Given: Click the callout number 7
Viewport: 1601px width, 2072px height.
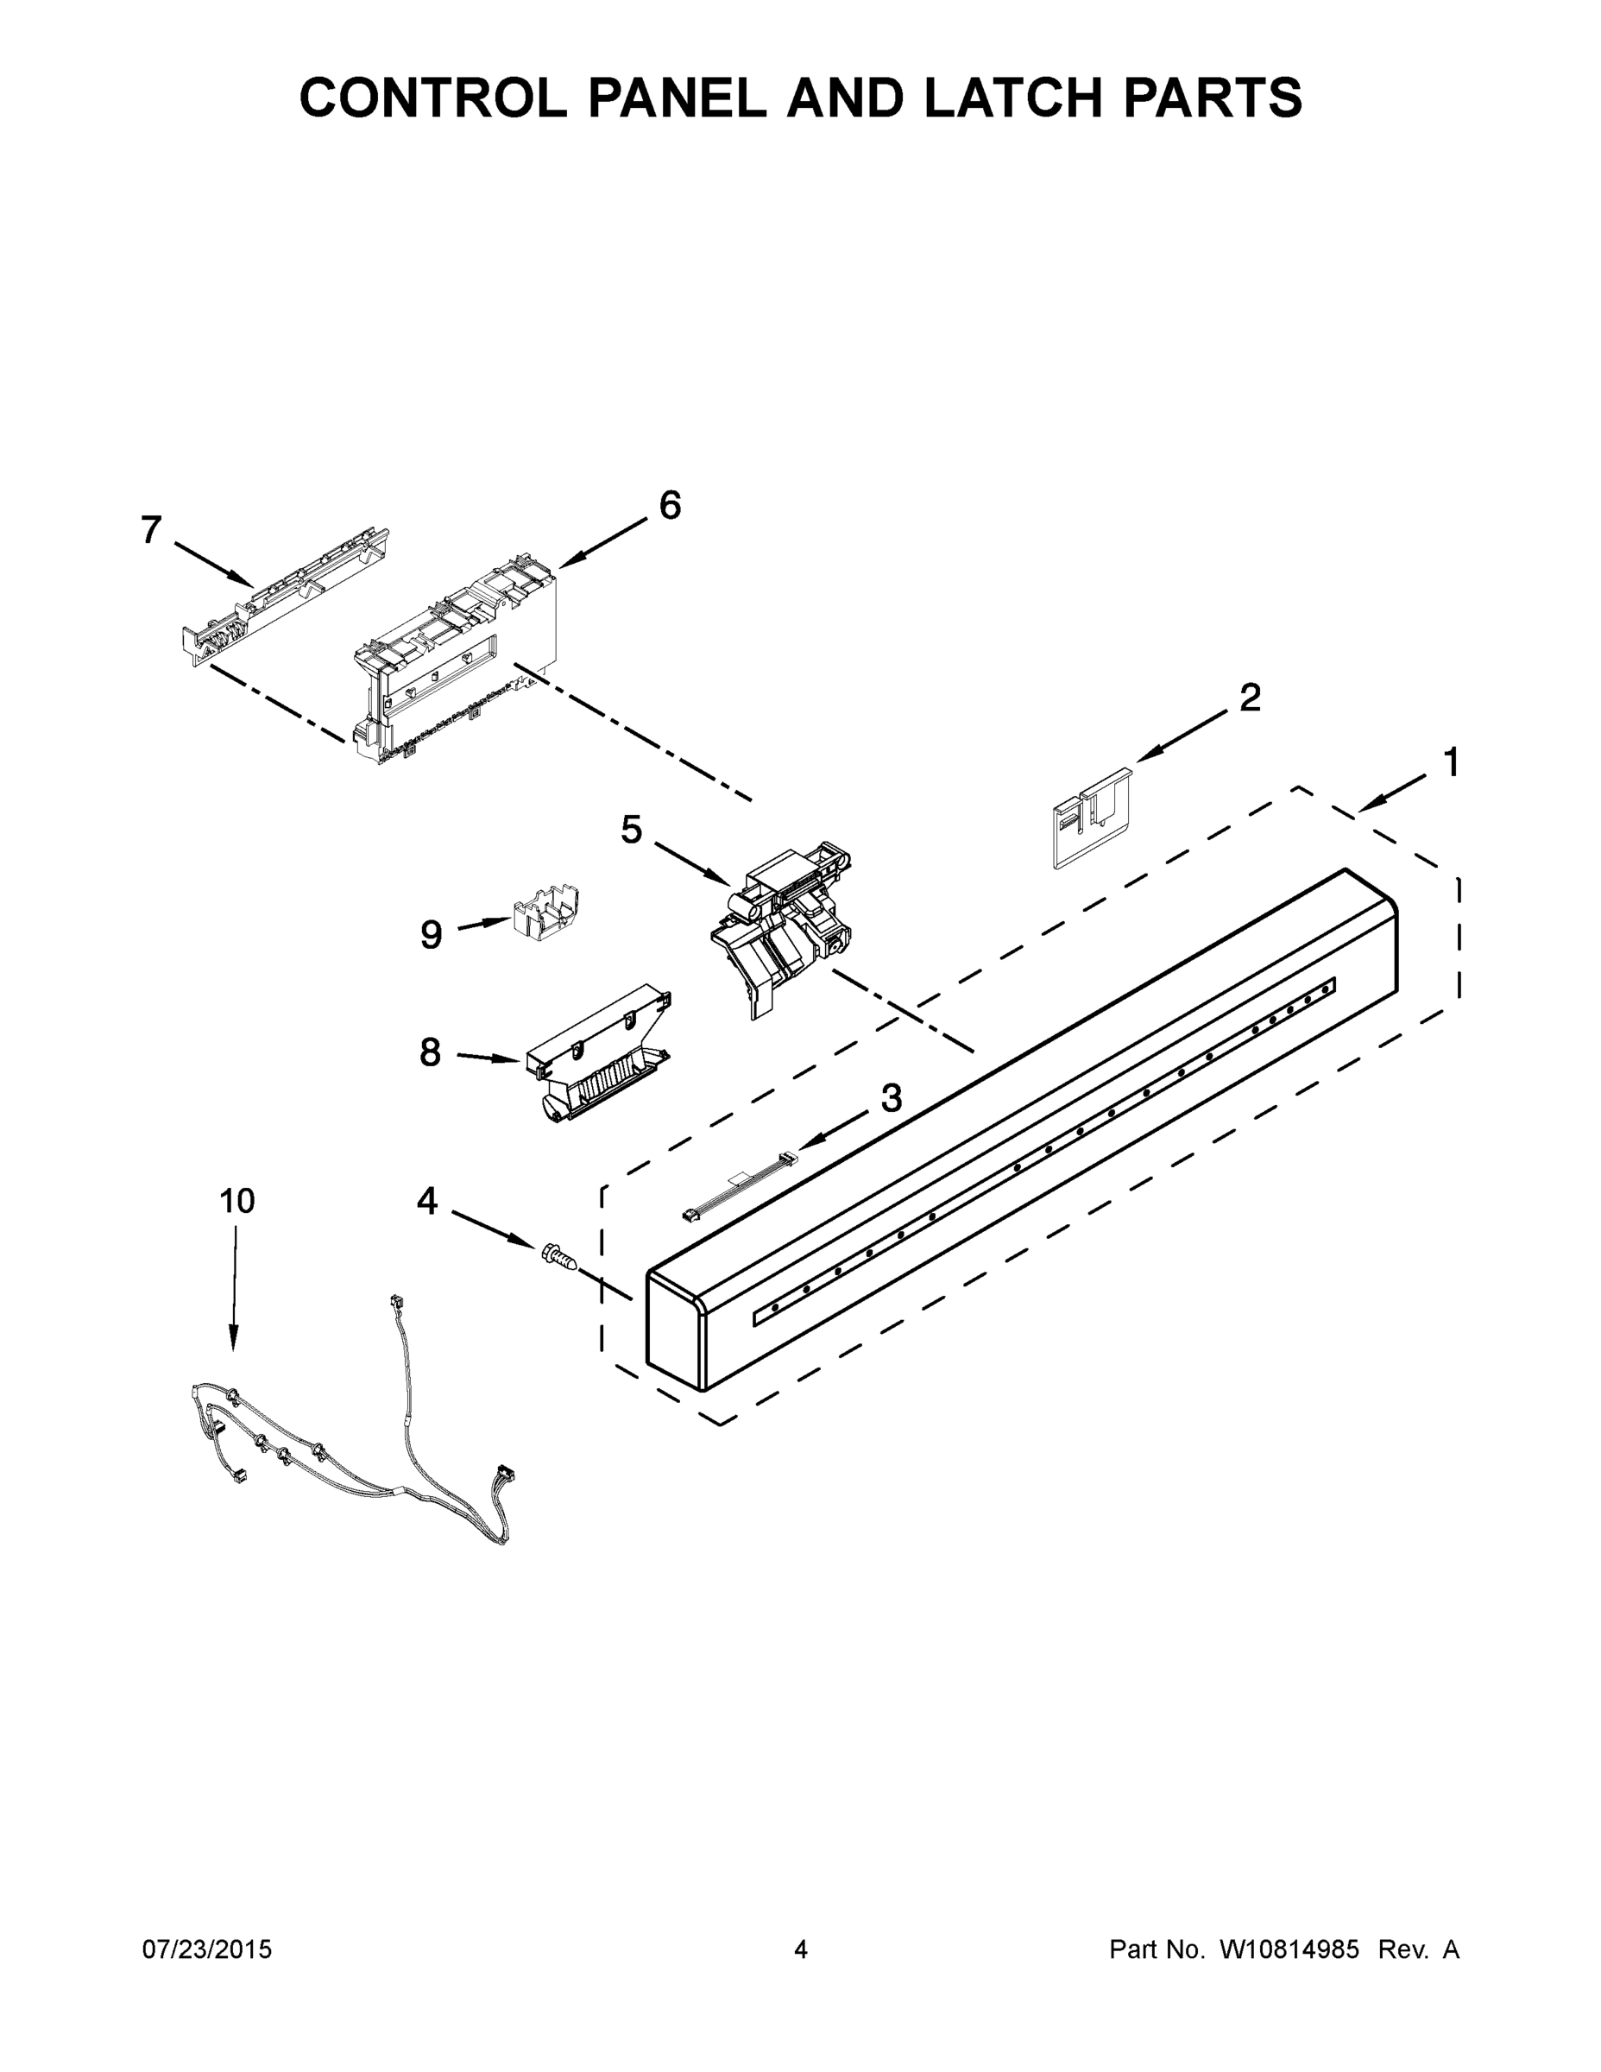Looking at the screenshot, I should click(151, 529).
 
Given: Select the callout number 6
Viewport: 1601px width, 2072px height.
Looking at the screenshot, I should click(670, 506).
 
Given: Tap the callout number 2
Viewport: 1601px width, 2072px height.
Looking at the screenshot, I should click(1250, 698).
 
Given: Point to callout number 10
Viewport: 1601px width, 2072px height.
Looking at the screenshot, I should click(237, 1201).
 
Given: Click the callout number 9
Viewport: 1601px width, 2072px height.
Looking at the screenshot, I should click(432, 936).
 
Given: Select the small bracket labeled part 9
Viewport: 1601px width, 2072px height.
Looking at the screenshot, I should click(545, 913).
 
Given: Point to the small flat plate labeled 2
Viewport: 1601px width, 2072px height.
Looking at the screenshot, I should click(1091, 817).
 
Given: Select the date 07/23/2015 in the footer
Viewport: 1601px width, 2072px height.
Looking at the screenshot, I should click(207, 1950).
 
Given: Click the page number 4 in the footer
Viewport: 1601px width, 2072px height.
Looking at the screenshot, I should click(801, 1950).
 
